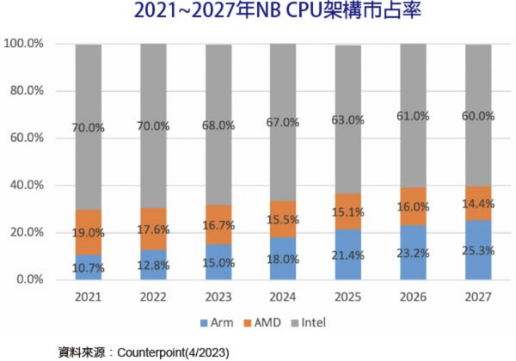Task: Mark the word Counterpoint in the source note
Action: coord(152,352)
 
